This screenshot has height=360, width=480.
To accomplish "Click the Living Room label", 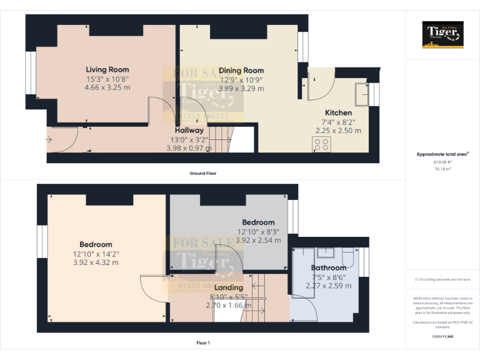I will [107, 70].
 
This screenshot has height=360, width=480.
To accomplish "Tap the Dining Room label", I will [241, 71].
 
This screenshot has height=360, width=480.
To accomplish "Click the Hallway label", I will [189, 131].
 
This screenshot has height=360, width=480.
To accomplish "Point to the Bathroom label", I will [329, 268].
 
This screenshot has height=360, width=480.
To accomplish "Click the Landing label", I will [228, 287].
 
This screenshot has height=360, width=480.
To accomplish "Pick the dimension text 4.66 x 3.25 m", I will [107, 88].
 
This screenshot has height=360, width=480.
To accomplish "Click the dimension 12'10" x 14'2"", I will [96, 254].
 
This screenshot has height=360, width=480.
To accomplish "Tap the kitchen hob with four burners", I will [322, 145].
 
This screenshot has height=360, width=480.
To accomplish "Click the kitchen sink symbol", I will [361, 94].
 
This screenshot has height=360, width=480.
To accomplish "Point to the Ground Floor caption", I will [203, 173].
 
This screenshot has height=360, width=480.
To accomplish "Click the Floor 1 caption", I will [203, 343].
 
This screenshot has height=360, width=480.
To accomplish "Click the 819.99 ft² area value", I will [442, 162].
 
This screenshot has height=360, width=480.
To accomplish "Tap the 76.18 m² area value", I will [442, 168].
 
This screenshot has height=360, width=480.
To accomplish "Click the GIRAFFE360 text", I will [442, 336].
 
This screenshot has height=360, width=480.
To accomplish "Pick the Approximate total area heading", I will [442, 154].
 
